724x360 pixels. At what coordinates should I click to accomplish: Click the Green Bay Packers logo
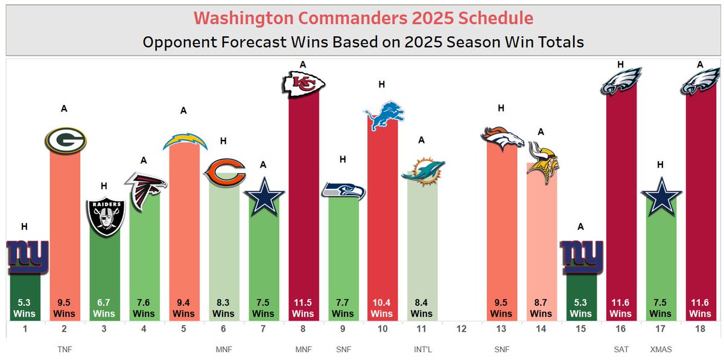[x=65, y=140]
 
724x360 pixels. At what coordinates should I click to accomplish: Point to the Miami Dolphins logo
[x=423, y=170]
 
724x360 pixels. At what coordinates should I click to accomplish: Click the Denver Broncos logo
[x=502, y=138]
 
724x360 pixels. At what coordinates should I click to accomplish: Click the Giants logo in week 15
[x=582, y=257]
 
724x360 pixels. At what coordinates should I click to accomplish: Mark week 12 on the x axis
[x=462, y=330]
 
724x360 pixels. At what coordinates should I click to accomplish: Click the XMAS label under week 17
[x=661, y=349]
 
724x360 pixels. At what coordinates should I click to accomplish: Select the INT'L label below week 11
[x=422, y=349]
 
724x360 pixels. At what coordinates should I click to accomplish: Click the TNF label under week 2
[x=65, y=349]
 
